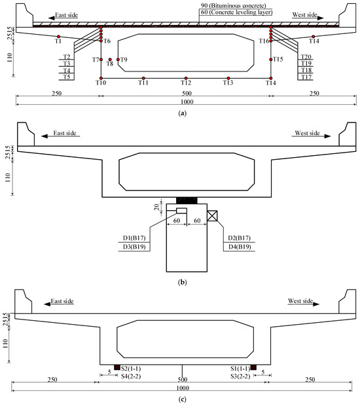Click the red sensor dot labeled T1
(58, 37)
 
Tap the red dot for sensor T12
(186, 78)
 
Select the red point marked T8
(110, 60)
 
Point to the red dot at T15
(271, 60)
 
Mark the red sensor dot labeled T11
(143, 78)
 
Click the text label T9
(124, 60)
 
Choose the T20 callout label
(306, 57)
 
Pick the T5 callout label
(67, 77)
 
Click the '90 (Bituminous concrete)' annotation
(234, 5)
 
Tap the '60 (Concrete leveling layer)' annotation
(236, 12)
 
